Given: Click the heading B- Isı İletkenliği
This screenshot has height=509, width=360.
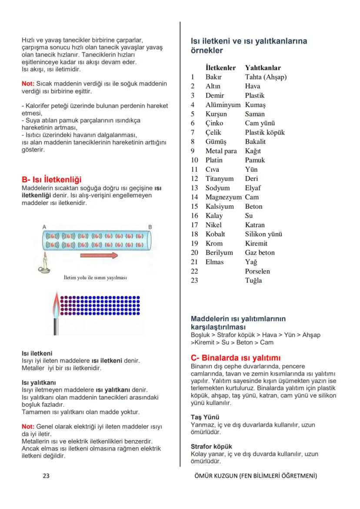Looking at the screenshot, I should point(51,180).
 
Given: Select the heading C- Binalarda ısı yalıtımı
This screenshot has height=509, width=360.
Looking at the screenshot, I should point(236,358).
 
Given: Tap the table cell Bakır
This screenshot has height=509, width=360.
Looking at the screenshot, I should point(213,77).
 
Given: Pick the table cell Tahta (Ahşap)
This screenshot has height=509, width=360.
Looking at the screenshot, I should point(266,77).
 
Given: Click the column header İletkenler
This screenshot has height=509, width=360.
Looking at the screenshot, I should point(220,68).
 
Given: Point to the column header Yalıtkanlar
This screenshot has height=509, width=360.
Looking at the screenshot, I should point(263,68).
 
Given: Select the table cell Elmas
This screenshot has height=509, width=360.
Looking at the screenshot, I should point(214,262).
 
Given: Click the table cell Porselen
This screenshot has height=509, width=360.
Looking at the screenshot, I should point(257,271).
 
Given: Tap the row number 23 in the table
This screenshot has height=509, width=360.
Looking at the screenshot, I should point(194,280).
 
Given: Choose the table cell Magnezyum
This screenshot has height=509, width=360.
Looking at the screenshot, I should point(223,197).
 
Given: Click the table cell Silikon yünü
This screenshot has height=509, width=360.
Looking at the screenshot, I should point(263,234).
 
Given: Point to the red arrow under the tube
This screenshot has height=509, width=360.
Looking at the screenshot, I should point(99,256).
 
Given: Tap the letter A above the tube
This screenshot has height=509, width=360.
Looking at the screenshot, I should point(44,227).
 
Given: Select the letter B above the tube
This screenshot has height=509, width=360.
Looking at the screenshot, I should point(150,227).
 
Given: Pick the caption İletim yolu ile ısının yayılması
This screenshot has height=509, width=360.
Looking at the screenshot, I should point(95,277).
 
